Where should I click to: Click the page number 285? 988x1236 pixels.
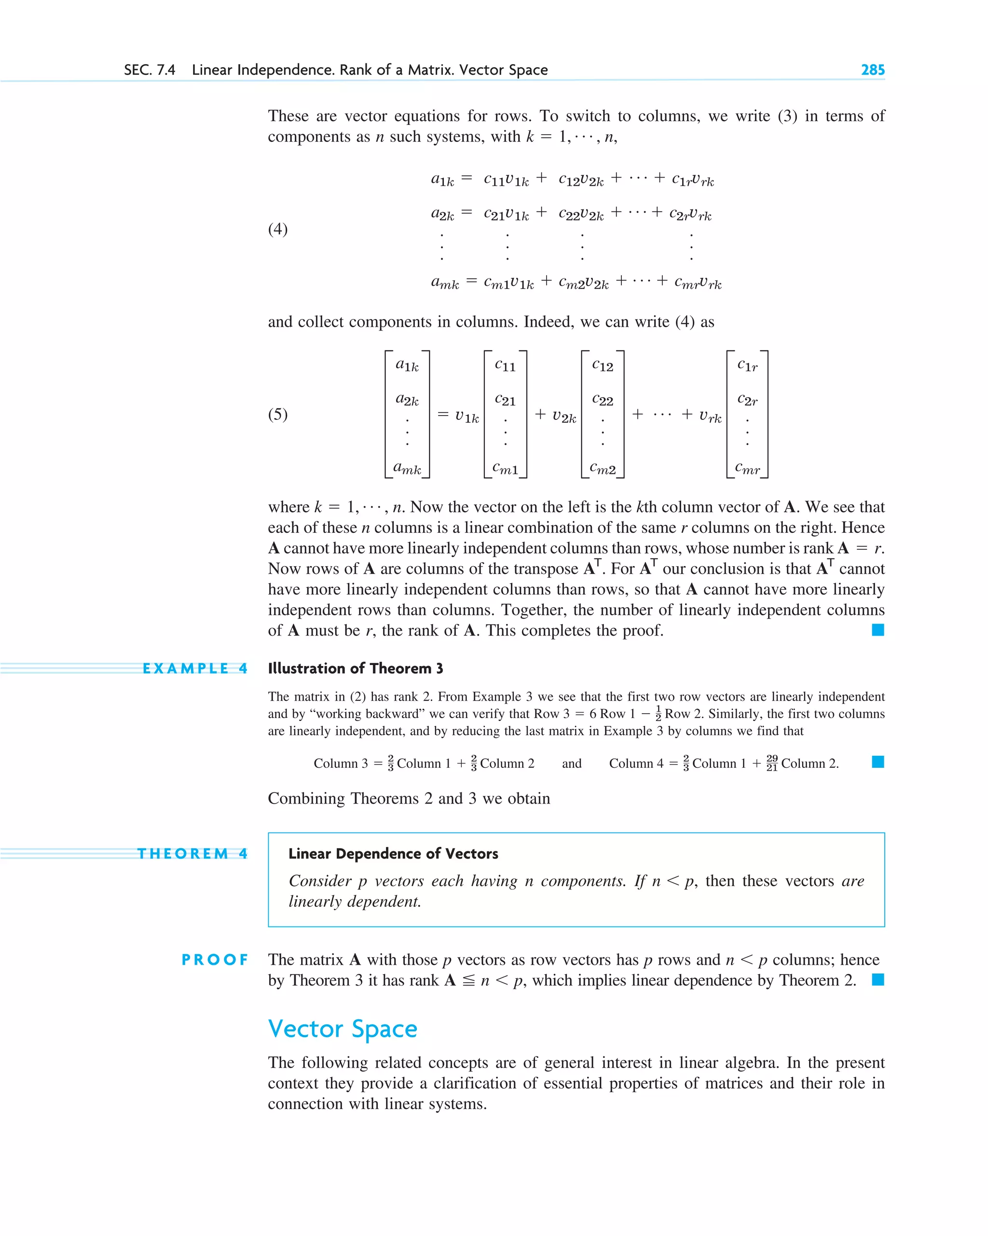coord(872,70)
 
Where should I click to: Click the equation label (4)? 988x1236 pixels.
coord(278,229)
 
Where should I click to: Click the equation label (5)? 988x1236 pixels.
coord(278,414)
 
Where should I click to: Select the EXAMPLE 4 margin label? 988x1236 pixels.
coord(195,668)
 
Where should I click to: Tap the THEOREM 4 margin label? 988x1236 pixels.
coord(192,854)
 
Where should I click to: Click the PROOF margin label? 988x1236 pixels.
coord(215,959)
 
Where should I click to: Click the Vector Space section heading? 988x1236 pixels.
coord(343,1028)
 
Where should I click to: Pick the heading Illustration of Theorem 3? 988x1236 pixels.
coord(356,668)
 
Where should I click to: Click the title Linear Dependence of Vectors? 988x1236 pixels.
coord(393,854)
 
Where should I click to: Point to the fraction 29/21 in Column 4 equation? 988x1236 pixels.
coord(772,763)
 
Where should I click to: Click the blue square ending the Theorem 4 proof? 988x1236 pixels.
coord(878,980)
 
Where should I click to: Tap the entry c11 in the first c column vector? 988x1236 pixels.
coord(505,365)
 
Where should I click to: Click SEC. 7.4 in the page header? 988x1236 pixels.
coord(150,70)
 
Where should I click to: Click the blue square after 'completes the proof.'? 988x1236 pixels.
coord(878,630)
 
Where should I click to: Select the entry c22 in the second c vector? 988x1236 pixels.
coord(603,400)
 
